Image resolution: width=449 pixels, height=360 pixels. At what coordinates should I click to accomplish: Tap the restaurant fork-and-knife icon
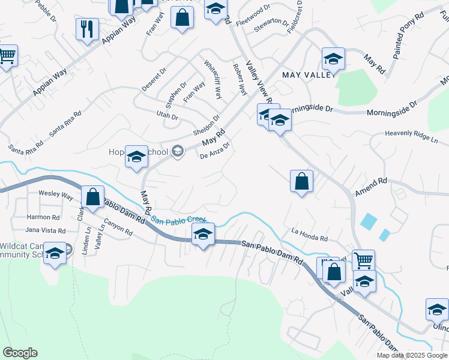(x=87, y=28)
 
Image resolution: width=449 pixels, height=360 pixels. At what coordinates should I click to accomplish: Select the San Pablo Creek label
(x=178, y=220)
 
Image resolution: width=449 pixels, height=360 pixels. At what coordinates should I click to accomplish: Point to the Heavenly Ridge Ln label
(x=412, y=137)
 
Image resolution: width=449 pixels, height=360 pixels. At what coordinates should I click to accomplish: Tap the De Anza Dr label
(x=215, y=151)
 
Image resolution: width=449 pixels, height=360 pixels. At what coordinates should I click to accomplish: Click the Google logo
(x=20, y=353)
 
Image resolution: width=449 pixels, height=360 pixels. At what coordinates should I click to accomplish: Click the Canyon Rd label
(x=118, y=229)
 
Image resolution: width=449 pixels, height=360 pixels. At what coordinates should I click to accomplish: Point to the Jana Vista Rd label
(x=45, y=230)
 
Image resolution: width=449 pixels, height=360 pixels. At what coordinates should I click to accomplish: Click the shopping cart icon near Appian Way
(x=6, y=56)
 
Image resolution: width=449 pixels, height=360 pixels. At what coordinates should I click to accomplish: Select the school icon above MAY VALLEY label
(x=333, y=59)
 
